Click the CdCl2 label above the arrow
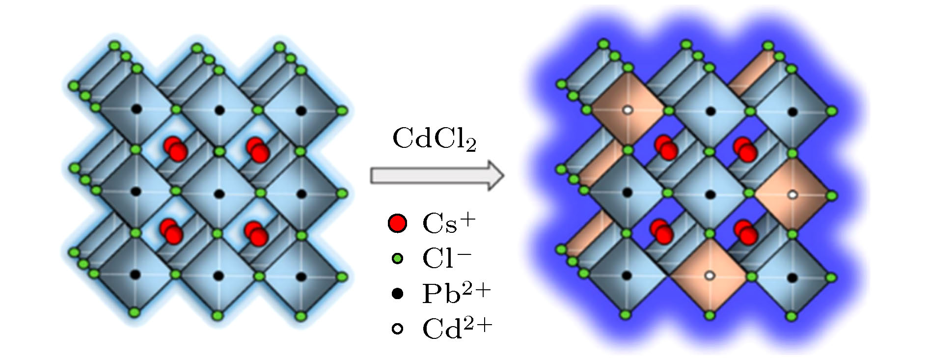435,139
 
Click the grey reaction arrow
437,175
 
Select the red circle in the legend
397,223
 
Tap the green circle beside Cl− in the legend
397,258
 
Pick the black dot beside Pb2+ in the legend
397,294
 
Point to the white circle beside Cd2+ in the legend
397,329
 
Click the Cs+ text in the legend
449,223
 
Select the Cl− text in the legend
447,258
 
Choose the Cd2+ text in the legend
457,328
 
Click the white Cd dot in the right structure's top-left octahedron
627,111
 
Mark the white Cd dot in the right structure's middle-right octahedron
792,195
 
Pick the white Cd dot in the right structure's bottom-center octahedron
709,276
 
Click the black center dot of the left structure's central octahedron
219,194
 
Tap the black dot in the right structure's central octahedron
710,195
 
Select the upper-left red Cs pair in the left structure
175,148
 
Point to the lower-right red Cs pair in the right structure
746,232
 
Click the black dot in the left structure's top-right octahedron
301,111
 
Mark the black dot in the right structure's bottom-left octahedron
627,276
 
